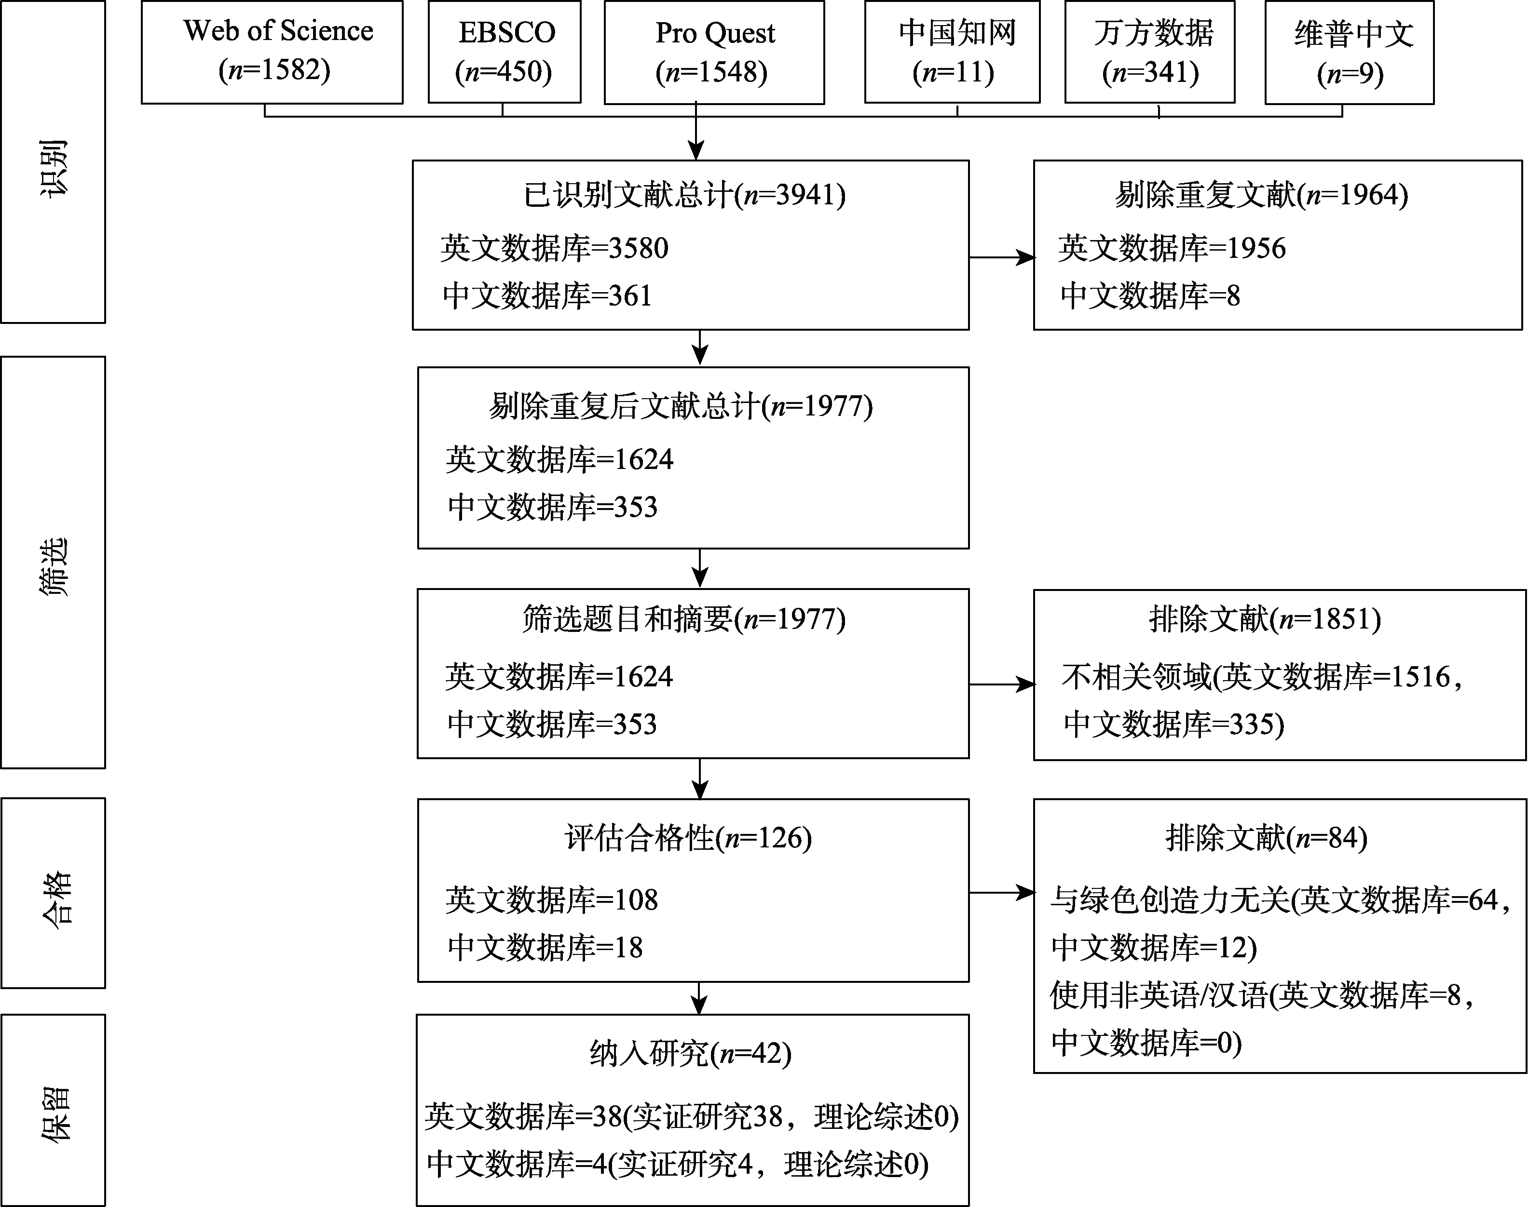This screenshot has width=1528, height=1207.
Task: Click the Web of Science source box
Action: [272, 52]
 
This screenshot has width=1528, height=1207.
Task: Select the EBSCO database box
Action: [504, 52]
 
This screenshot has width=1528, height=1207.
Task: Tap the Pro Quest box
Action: [714, 52]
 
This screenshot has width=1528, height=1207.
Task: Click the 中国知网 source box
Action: [953, 52]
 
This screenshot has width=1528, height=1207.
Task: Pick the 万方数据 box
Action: [1150, 52]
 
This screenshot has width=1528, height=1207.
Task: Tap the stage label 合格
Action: [53, 898]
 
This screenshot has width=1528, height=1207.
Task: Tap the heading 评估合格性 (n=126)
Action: [688, 838]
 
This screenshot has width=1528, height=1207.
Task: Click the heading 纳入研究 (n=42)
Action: [690, 1054]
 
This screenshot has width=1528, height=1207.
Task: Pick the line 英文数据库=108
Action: [551, 899]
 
